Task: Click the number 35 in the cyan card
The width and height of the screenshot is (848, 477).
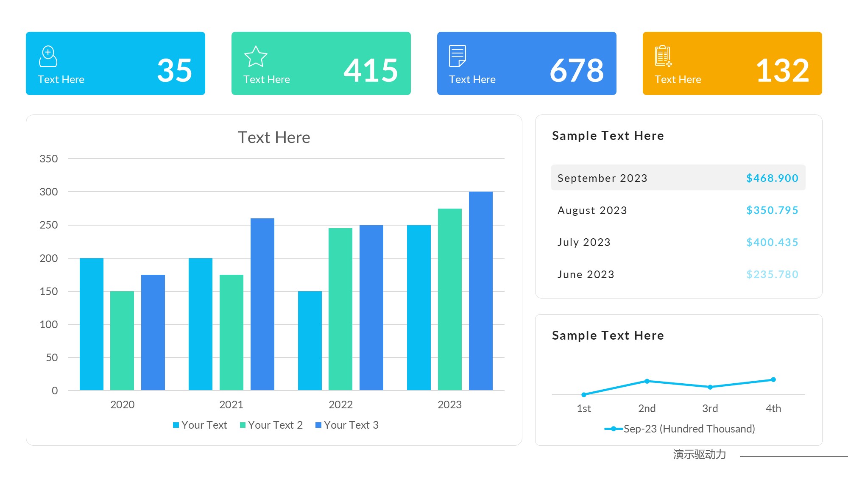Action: [x=174, y=70]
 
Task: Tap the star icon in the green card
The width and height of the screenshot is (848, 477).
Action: [x=256, y=57]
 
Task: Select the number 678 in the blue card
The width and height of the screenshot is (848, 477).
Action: [x=577, y=70]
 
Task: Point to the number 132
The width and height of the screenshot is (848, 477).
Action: [x=783, y=70]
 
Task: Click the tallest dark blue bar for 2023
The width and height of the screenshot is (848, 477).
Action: [x=480, y=290]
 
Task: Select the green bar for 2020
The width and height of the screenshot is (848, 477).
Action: [x=122, y=340]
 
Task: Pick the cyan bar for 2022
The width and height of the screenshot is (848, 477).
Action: [x=310, y=340]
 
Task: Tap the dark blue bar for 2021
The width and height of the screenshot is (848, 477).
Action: [x=262, y=304]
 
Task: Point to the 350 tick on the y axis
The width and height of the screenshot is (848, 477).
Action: [x=49, y=159]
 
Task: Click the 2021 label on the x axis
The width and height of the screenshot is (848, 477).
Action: [x=231, y=404]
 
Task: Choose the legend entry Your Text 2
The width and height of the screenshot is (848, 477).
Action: [x=271, y=425]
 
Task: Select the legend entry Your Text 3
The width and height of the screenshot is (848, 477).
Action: [x=347, y=425]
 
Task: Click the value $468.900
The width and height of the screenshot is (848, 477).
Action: [x=772, y=178]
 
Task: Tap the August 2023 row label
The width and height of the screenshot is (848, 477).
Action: [x=592, y=210]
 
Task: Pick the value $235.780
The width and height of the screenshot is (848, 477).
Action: [x=772, y=274]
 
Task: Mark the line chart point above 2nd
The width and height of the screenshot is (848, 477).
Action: [x=647, y=381]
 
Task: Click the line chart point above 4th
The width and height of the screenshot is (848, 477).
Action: [x=773, y=379]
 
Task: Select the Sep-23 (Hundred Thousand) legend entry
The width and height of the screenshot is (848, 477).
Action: [x=680, y=429]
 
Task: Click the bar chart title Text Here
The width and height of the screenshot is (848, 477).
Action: [x=274, y=137]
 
